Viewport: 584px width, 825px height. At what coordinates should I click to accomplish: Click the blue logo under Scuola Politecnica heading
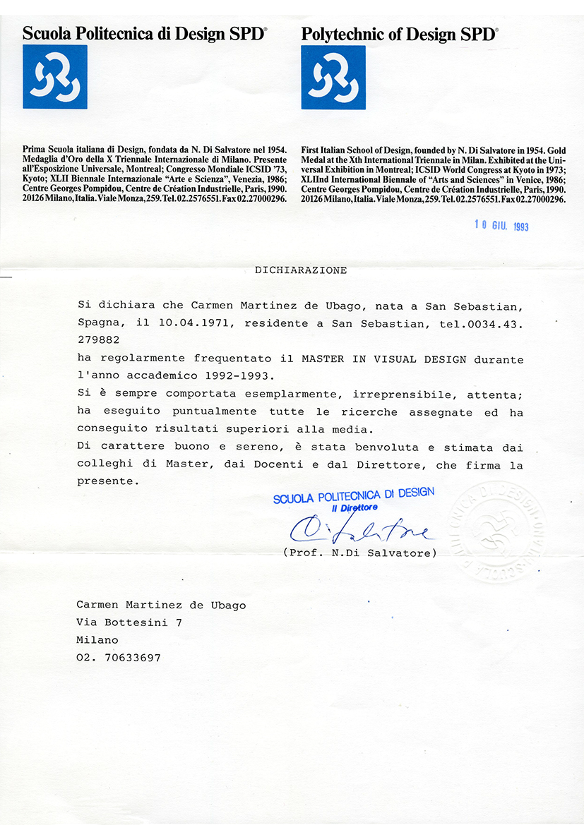[55, 76]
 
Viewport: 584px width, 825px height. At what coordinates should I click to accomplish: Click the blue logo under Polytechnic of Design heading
[333, 77]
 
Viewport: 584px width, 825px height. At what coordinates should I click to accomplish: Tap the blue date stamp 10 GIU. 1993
[501, 226]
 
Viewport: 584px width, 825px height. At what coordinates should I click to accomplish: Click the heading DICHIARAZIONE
[301, 270]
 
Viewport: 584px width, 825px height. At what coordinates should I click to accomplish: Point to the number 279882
[99, 341]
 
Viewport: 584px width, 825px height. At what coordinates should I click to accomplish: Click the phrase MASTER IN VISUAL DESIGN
[384, 359]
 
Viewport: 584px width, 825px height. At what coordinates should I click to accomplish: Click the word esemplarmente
[282, 395]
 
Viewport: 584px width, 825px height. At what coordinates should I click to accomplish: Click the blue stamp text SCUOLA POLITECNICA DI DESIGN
[354, 495]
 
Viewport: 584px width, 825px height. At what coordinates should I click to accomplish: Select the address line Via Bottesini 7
[129, 622]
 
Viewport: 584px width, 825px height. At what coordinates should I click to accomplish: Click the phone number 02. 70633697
[119, 658]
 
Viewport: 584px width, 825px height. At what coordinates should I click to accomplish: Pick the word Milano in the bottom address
[97, 640]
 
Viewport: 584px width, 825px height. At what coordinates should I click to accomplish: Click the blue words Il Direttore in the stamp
[354, 507]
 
